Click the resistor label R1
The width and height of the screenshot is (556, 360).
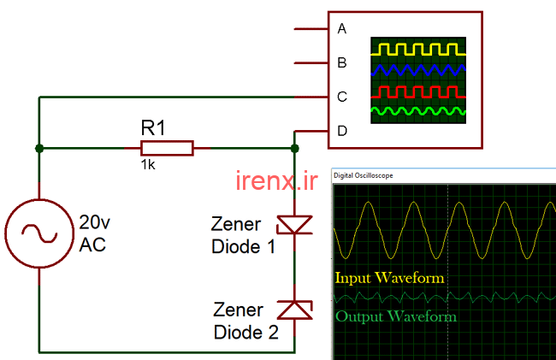153,128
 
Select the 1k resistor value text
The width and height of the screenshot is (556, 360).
148,164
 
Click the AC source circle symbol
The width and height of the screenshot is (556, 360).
38,233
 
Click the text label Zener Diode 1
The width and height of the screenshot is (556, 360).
244,235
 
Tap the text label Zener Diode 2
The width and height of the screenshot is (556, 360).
245,321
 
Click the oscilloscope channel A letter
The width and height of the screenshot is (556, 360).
342,29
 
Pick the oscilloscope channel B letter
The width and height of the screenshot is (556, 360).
342,62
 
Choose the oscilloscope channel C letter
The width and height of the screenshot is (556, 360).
342,97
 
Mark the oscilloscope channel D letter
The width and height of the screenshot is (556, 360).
342,131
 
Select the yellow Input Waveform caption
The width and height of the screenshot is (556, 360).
389,278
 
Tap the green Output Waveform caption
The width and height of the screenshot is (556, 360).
395,316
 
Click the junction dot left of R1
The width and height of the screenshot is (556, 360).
39,148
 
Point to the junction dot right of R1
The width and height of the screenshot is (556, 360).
294,148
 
